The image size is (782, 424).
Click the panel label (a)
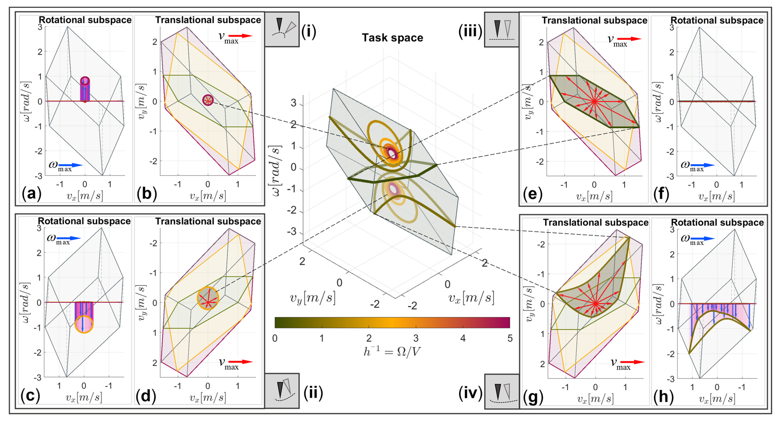pos(31,193)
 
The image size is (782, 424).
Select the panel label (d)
pos(146,396)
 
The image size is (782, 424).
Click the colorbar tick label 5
pos(510,338)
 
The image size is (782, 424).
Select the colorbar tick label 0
pos(275,338)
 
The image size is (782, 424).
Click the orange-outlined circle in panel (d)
pos(208,298)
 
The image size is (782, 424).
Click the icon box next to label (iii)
pos(501,29)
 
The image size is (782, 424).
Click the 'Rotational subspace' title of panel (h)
pos(717,222)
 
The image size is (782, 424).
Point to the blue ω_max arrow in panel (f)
pos(705,165)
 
